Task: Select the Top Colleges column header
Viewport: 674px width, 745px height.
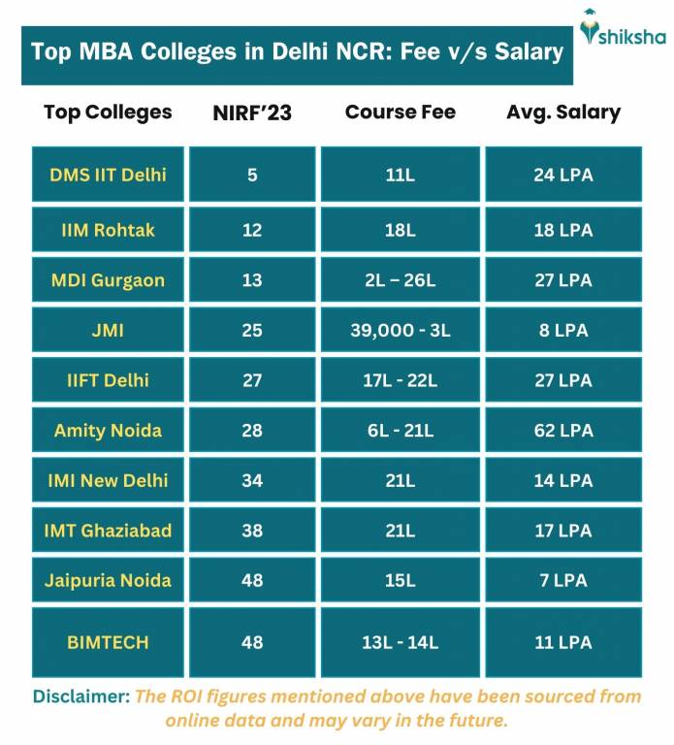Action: (x=108, y=112)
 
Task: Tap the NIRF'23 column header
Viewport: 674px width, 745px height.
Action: (x=252, y=113)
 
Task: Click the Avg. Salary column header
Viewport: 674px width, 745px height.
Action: (x=563, y=112)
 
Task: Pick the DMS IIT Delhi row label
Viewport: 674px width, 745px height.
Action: (x=108, y=175)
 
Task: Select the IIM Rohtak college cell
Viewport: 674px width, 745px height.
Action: (x=108, y=230)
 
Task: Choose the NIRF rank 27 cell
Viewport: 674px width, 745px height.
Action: (x=252, y=380)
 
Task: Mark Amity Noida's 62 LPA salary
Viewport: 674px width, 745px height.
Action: (x=563, y=430)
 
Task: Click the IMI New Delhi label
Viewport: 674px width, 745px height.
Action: (x=108, y=480)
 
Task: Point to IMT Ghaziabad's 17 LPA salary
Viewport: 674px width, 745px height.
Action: (x=563, y=531)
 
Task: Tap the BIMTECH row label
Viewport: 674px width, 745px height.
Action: (x=108, y=641)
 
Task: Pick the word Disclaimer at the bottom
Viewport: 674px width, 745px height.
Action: (x=80, y=696)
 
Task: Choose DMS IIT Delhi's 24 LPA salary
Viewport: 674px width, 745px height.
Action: (x=563, y=175)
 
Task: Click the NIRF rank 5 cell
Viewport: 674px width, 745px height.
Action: (x=252, y=175)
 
